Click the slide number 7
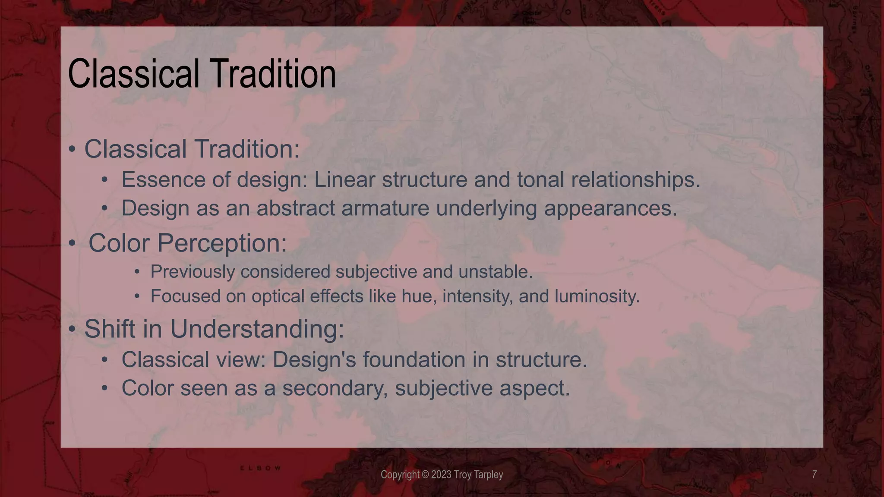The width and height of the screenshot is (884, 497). (x=814, y=475)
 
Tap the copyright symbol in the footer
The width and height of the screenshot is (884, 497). (x=425, y=475)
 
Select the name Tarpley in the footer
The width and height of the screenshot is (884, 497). (x=488, y=475)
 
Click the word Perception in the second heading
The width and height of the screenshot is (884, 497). (x=222, y=243)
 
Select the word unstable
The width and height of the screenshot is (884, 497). (x=495, y=272)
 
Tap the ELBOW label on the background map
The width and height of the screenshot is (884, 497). (x=260, y=468)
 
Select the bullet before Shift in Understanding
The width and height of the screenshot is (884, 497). (x=72, y=330)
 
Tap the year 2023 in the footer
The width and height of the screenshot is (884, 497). (x=441, y=475)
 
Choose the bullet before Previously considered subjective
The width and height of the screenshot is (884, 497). (x=137, y=272)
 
